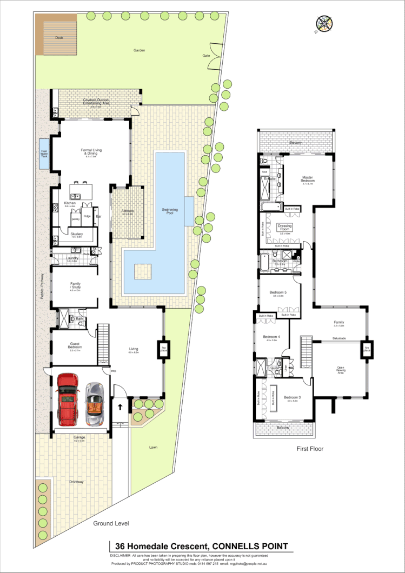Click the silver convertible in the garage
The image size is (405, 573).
[95, 404]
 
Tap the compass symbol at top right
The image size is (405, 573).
[324, 23]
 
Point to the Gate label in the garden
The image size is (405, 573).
[206, 56]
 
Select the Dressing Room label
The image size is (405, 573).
[284, 228]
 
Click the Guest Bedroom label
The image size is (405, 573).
[75, 347]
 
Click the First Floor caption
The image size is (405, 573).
[310, 449]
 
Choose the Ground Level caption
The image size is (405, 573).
[111, 524]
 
